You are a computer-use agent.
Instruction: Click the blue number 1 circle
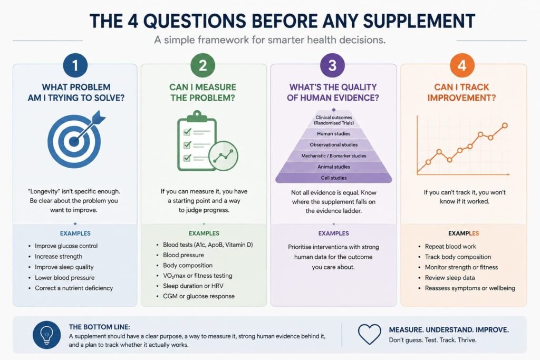pyautogui.click(x=75, y=65)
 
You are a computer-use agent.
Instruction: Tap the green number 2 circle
pyautogui.click(x=203, y=65)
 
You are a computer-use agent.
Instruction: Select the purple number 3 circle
pyautogui.click(x=332, y=65)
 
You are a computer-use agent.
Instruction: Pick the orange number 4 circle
pyautogui.click(x=462, y=65)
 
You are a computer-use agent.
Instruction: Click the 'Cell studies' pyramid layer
pyautogui.click(x=334, y=178)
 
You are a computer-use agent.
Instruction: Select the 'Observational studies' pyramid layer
pyautogui.click(x=334, y=145)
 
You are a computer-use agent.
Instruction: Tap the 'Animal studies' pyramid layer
pyautogui.click(x=334, y=167)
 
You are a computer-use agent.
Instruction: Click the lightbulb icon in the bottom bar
pyautogui.click(x=46, y=335)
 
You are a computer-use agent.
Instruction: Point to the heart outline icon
pyautogui.click(x=370, y=334)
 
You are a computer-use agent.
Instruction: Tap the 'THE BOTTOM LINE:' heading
pyautogui.click(x=99, y=327)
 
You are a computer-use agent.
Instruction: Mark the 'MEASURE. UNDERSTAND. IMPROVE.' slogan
pyautogui.click(x=449, y=330)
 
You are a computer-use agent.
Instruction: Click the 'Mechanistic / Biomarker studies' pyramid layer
pyautogui.click(x=334, y=156)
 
